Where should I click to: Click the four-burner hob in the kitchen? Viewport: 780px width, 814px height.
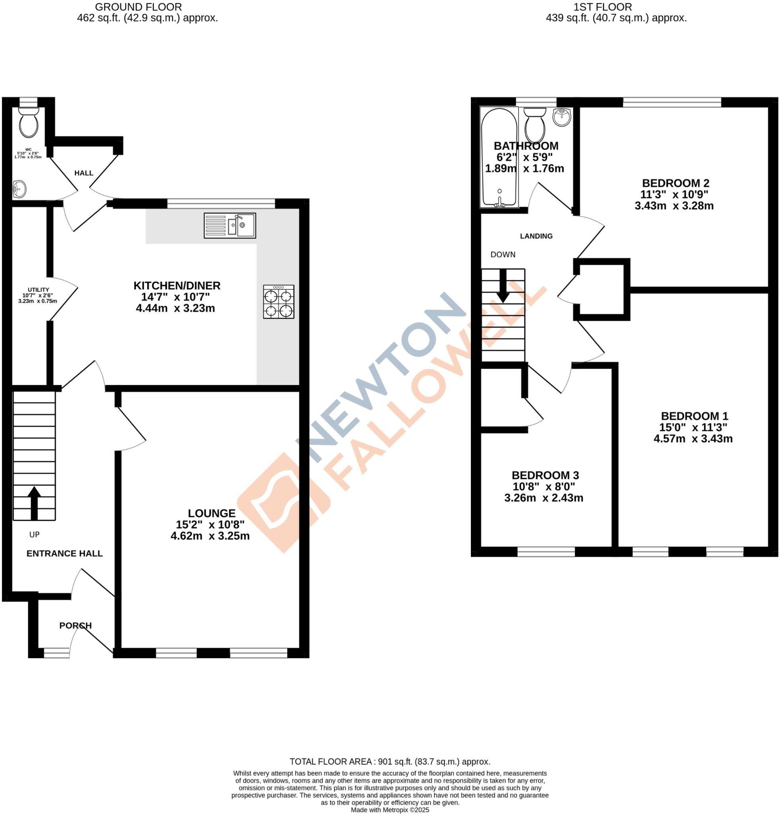click(x=279, y=302)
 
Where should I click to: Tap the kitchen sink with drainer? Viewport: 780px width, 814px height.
click(x=230, y=225)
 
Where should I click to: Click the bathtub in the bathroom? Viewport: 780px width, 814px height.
click(x=499, y=157)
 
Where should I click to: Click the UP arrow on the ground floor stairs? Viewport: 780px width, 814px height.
click(x=34, y=502)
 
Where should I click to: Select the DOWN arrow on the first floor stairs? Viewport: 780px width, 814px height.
click(x=503, y=285)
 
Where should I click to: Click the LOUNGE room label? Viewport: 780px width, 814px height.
click(x=212, y=513)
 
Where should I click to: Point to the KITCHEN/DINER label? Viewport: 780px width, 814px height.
click(x=177, y=285)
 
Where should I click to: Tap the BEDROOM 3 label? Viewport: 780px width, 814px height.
click(x=545, y=475)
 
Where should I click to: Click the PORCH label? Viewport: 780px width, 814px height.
click(x=75, y=626)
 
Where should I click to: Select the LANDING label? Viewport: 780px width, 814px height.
click(x=536, y=236)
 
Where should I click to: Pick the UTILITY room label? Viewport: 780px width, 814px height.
click(x=39, y=289)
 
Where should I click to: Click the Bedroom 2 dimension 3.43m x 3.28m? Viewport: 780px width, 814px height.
click(x=674, y=205)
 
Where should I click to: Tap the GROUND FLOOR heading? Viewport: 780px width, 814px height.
click(x=138, y=7)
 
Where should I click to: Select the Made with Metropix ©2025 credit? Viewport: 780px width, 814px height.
click(x=390, y=810)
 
